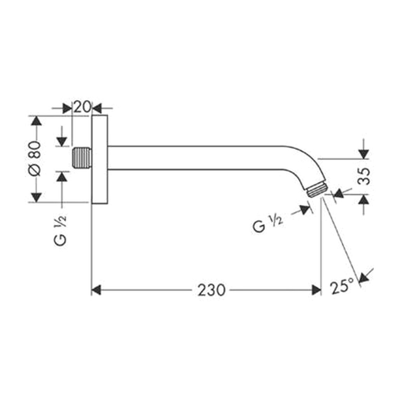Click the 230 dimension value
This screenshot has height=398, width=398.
(211, 290)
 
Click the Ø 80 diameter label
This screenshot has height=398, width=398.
(35, 159)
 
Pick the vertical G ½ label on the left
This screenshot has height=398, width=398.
(60, 230)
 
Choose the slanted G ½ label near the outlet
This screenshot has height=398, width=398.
(267, 223)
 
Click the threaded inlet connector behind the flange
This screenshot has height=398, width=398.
(82, 158)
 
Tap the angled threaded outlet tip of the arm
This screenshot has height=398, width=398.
(316, 189)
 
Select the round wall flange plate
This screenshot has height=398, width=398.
(99, 160)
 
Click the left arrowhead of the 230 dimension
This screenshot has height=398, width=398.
(96, 290)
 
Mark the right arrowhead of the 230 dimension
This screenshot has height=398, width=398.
(316, 290)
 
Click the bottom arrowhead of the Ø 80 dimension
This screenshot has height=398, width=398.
(36, 197)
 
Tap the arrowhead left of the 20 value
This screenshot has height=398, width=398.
(67, 108)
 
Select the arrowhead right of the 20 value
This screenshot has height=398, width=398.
(96, 108)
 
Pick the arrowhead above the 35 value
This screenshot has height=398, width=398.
(364, 154)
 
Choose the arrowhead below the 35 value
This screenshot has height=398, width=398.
(364, 199)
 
